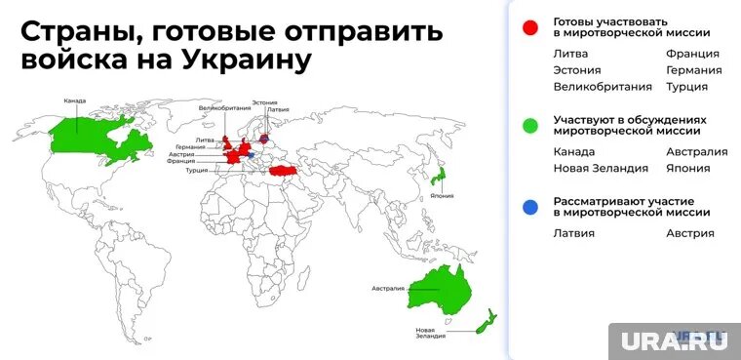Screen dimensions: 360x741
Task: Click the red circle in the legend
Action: coord(531,27)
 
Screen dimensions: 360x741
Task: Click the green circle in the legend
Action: coord(531,125)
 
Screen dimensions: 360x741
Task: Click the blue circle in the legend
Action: coord(531,206)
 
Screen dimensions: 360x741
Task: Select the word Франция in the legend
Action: coord(692,54)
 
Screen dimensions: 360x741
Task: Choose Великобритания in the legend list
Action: coord(603,87)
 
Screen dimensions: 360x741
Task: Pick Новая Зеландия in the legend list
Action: coord(600,168)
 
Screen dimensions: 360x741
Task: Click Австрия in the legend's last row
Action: coord(690,233)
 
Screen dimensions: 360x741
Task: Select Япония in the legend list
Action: coord(688,168)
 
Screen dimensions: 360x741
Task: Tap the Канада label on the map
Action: coord(75,101)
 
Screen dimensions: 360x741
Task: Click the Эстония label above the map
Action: coord(264,102)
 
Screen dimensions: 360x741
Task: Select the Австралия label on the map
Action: coord(387,289)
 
